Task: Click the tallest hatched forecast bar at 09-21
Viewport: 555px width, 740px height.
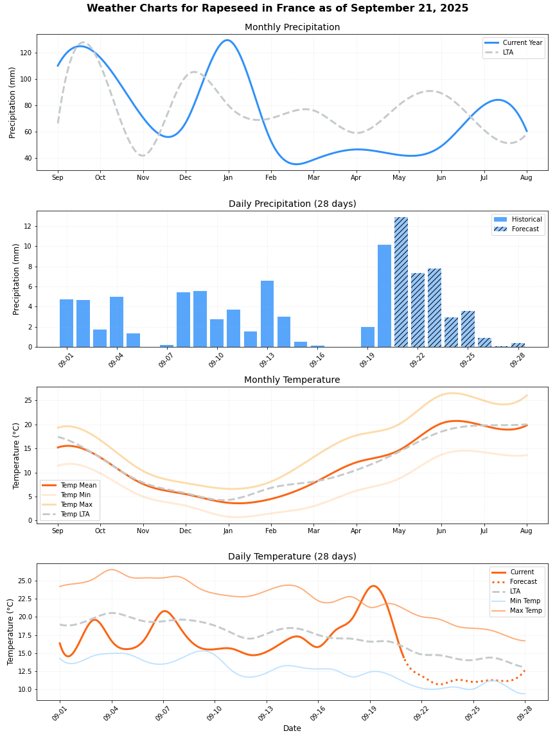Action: tap(401, 283)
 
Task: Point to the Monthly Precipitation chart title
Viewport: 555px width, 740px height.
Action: tap(292, 27)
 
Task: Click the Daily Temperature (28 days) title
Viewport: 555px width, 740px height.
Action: tap(292, 556)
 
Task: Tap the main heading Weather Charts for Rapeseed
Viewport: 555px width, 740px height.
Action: tap(277, 8)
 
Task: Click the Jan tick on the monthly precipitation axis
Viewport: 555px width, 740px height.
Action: tap(228, 177)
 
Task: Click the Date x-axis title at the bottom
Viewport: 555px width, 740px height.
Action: tap(292, 728)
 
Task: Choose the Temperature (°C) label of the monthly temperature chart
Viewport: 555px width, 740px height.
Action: tap(17, 455)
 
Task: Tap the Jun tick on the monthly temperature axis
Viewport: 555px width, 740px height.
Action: tap(441, 531)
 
